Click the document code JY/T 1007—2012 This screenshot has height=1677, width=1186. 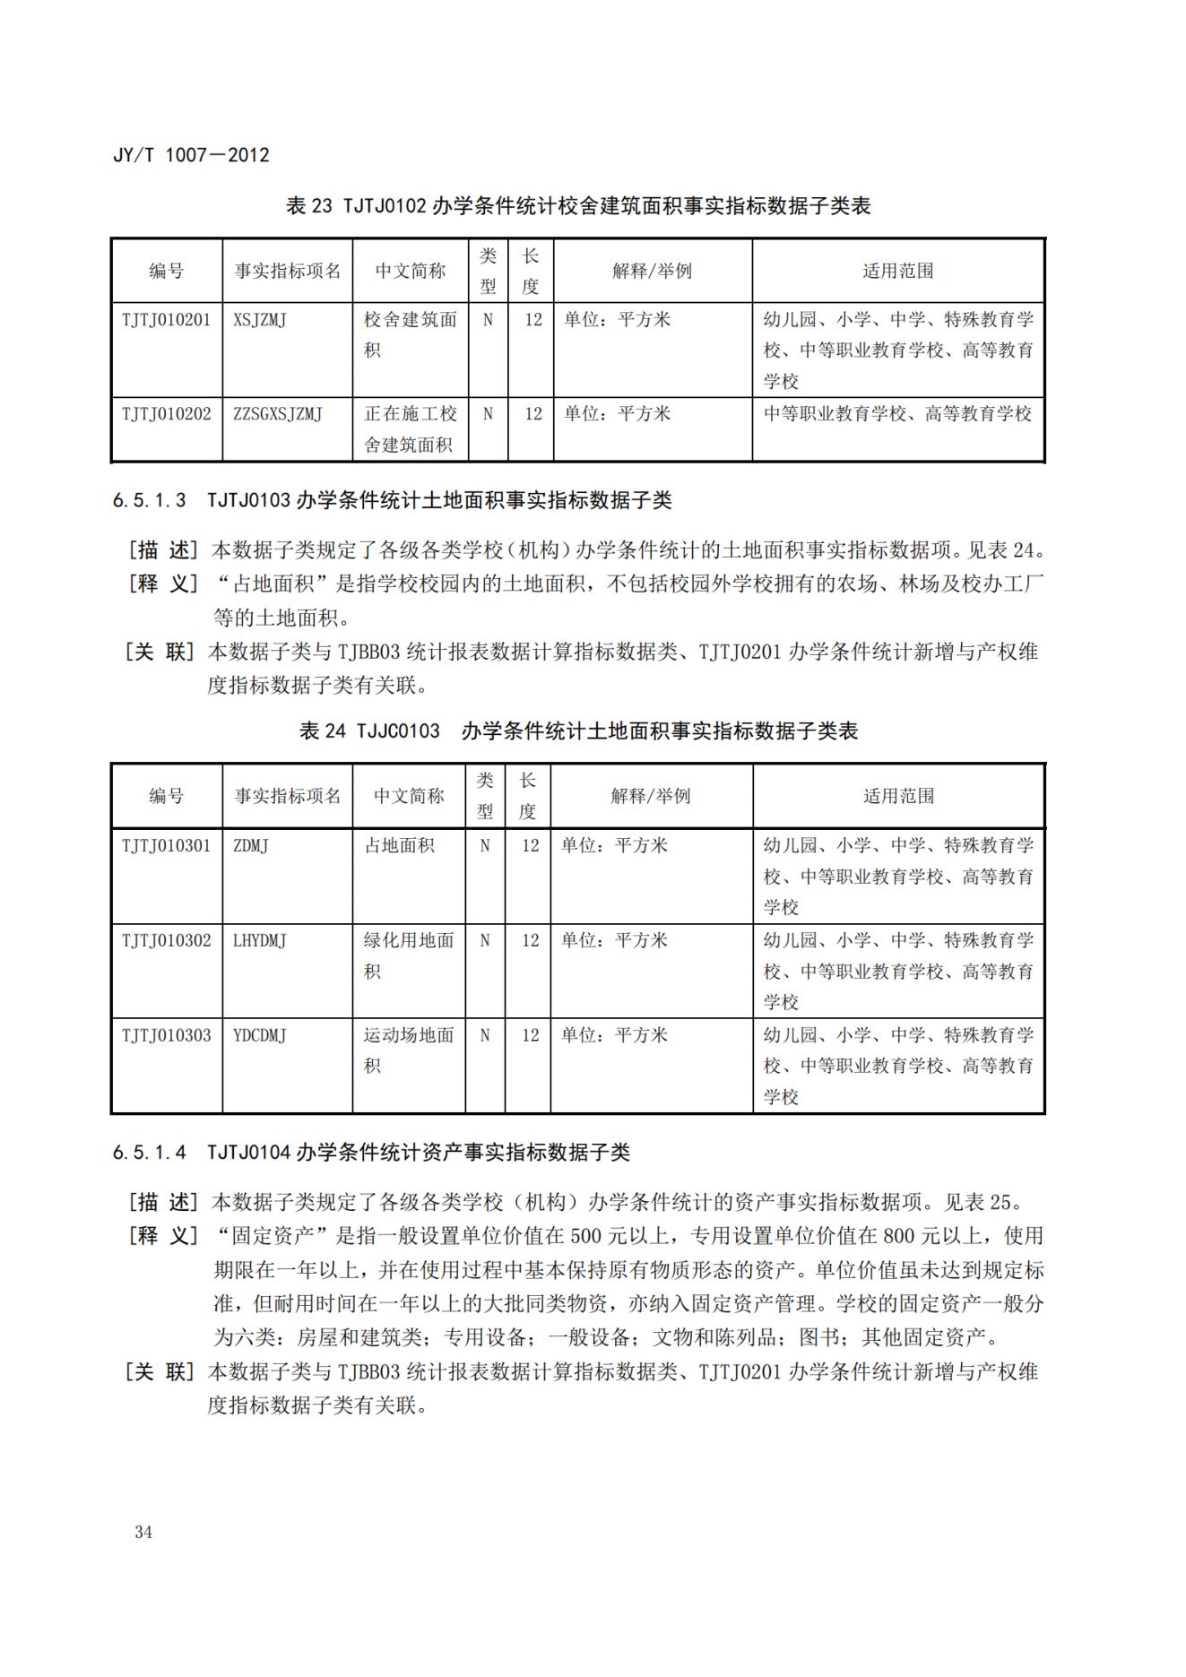coord(191,155)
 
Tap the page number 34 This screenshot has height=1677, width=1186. coord(143,1532)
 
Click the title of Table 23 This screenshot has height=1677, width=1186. coord(578,206)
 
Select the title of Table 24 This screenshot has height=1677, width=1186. coord(578,731)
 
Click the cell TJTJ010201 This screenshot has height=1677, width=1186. coord(167,320)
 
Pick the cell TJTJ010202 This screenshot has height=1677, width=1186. coord(167,414)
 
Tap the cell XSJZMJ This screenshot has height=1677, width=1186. coord(260,320)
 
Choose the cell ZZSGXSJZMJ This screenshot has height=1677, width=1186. coord(278,414)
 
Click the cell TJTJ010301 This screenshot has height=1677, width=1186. coord(167,845)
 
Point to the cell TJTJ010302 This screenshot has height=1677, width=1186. coord(167,940)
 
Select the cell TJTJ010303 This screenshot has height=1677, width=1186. coord(167,1035)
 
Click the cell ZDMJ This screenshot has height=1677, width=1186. coord(251,845)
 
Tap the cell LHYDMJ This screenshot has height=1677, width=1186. coord(260,940)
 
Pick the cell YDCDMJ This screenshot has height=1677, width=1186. coord(260,1035)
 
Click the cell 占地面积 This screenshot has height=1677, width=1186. coord(399,845)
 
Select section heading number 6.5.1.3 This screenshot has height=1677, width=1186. coord(150,501)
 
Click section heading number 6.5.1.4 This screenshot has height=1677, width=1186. coord(150,1153)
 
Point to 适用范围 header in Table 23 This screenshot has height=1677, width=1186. coord(897,271)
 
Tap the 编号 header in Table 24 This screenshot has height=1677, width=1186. coord(167,796)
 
